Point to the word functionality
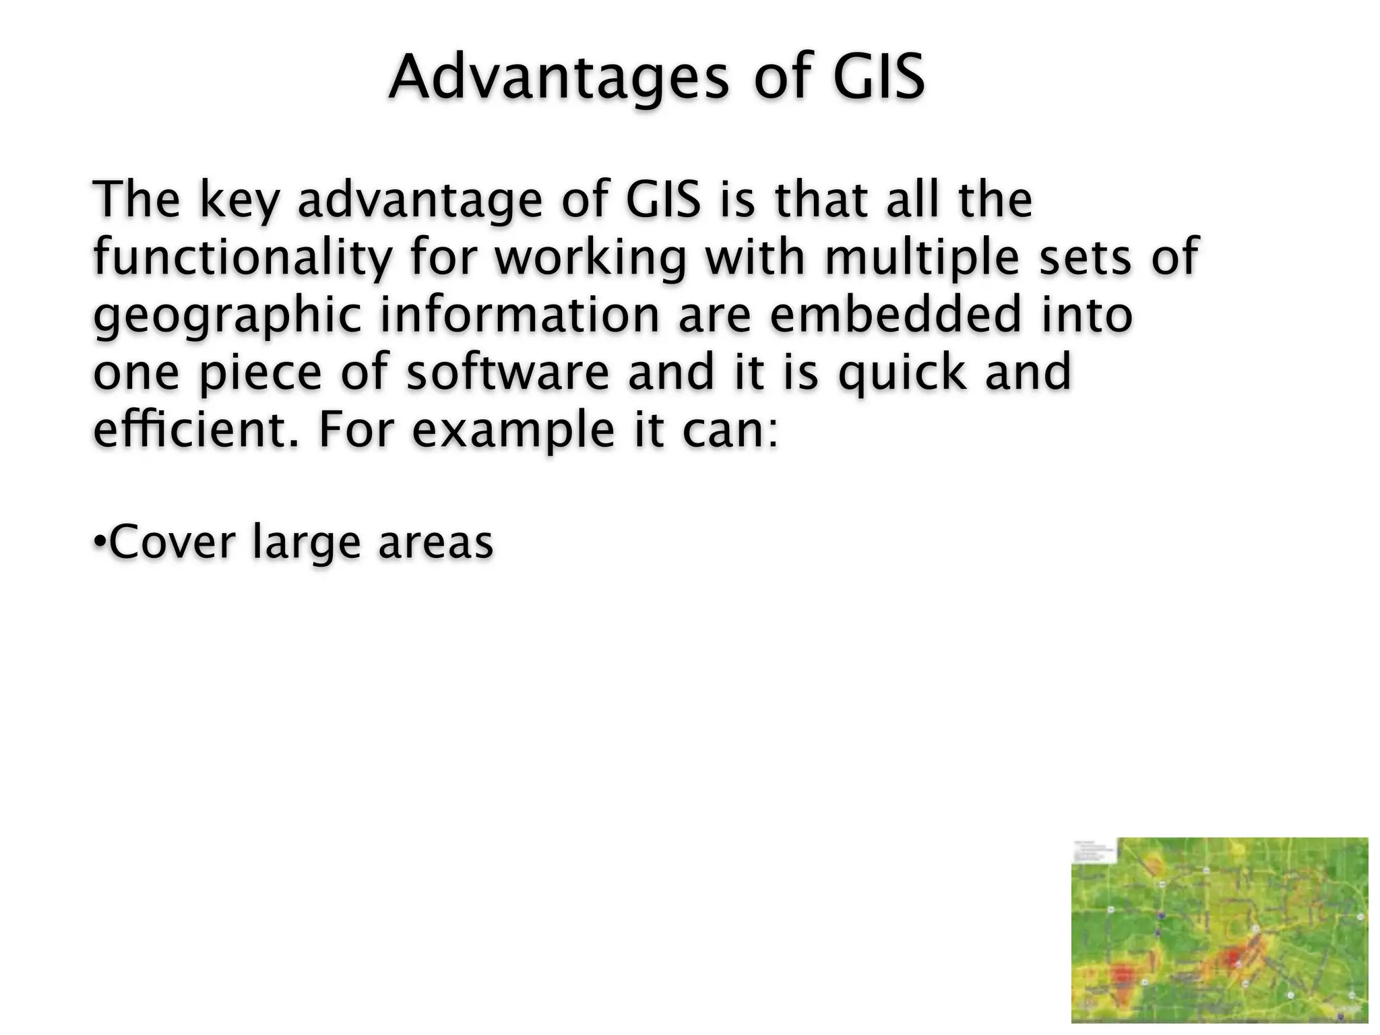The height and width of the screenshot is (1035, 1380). coord(243,258)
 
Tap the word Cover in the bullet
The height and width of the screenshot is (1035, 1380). coord(172,542)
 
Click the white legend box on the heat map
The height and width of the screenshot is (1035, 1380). coord(1094,850)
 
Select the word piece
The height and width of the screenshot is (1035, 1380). coord(260,374)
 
